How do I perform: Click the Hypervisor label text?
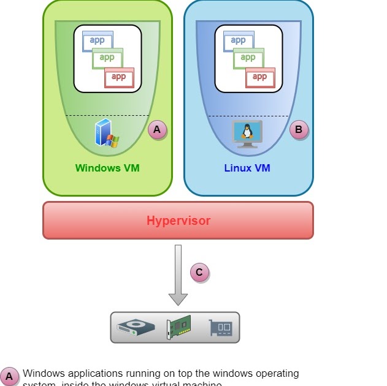[x=178, y=221]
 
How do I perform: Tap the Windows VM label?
[x=107, y=168]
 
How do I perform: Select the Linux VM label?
[x=247, y=168]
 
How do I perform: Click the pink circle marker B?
[x=299, y=130]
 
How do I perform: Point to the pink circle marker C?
[x=200, y=272]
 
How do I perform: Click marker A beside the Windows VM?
[x=157, y=130]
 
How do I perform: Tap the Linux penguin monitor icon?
[x=247, y=134]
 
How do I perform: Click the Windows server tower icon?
[x=106, y=134]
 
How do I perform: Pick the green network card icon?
[x=178, y=327]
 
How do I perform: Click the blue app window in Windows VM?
[x=97, y=41]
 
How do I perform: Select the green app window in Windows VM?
[x=107, y=58]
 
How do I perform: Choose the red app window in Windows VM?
[x=119, y=77]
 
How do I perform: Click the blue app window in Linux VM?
[x=238, y=41]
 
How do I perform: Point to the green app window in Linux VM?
[x=248, y=58]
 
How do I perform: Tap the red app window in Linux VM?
[x=260, y=77]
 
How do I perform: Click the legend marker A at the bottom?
[x=9, y=376]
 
